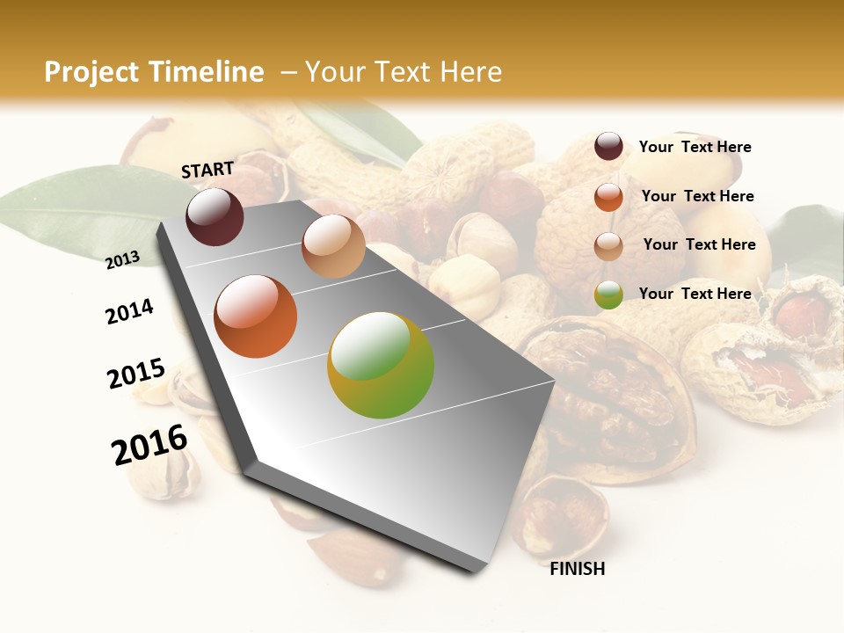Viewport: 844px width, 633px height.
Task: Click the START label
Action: pos(207,170)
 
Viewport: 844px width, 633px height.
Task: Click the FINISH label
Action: pos(578,569)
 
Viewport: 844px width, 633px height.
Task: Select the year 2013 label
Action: pos(122,259)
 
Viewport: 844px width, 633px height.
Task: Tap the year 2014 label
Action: pos(129,311)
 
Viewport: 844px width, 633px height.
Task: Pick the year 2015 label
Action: pos(136,374)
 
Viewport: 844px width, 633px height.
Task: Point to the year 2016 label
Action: pos(149,445)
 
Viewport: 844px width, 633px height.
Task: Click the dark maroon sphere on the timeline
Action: pos(215,217)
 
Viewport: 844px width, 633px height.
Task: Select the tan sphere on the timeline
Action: pos(333,246)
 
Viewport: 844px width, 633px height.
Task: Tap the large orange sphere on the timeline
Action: pos(256,316)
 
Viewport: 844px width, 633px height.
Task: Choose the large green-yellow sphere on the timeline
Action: pos(381,365)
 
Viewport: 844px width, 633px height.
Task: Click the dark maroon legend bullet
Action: pos(608,147)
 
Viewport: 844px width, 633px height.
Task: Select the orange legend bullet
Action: pos(608,197)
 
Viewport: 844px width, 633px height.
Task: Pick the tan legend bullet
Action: pos(608,246)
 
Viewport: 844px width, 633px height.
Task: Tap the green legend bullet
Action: pos(608,295)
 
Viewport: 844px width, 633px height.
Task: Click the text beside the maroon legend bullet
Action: pos(695,147)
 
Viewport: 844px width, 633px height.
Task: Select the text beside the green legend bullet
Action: pos(695,294)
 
